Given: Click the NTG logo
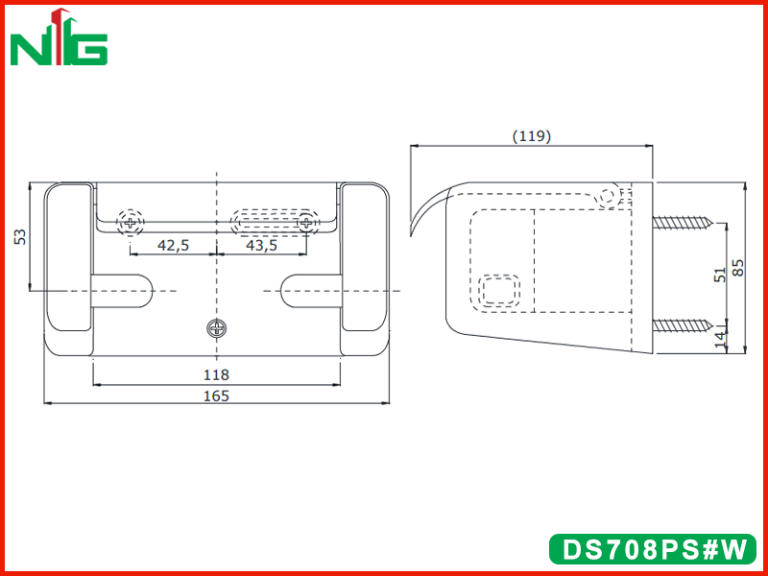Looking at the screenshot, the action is tap(59, 37).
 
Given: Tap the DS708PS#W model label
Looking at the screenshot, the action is tap(653, 549).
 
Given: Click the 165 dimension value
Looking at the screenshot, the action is tap(216, 396).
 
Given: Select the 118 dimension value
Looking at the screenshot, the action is tap(216, 375).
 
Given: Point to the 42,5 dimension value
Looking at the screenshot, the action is tap(173, 246).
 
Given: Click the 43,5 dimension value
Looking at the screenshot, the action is tap(261, 246).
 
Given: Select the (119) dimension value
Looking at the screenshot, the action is tap(532, 136).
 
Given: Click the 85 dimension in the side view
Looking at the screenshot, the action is tap(737, 268).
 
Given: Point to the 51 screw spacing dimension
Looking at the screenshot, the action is tap(719, 275).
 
